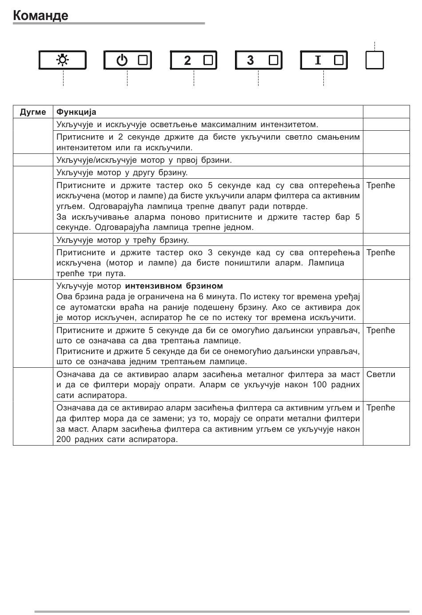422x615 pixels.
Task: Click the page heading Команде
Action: pyautogui.click(x=40, y=16)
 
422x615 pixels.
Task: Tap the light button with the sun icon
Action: pyautogui.click(x=63, y=60)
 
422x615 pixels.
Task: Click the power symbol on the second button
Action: pyautogui.click(x=122, y=60)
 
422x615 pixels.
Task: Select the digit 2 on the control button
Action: pyautogui.click(x=187, y=60)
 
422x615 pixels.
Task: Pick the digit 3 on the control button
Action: pyautogui.click(x=251, y=60)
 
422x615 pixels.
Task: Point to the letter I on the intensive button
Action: pyautogui.click(x=318, y=60)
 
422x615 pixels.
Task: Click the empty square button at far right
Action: pyautogui.click(x=374, y=60)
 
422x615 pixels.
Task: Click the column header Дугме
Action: pyautogui.click(x=33, y=112)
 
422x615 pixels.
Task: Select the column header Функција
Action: pyautogui.click(x=76, y=112)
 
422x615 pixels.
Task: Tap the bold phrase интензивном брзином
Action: pyautogui.click(x=174, y=286)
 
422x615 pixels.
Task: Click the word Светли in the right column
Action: pyautogui.click(x=381, y=374)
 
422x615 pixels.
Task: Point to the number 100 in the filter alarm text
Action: pyautogui.click(x=319, y=385)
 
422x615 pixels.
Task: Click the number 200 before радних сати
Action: pyautogui.click(x=64, y=440)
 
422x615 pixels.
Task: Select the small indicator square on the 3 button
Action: pyautogui.click(x=273, y=60)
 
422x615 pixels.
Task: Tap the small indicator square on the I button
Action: pyautogui.click(x=338, y=60)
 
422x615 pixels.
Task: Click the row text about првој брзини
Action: pyautogui.click(x=144, y=160)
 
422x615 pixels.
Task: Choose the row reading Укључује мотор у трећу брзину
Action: pyautogui.click(x=123, y=240)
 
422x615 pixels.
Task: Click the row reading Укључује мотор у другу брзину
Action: pyautogui.click(x=122, y=173)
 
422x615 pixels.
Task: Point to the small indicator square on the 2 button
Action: pyautogui.click(x=208, y=60)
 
